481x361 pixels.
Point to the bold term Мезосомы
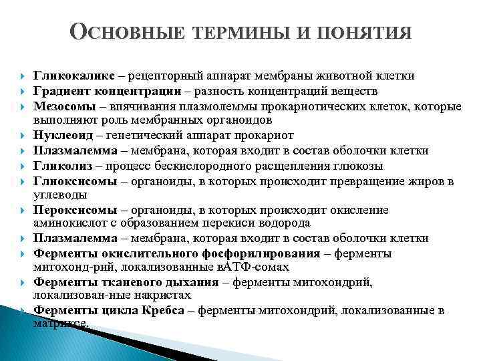pyautogui.click(x=64, y=106)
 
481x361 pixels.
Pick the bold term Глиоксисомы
pyautogui.click(x=71, y=180)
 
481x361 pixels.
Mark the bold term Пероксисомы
pyautogui.click(x=71, y=211)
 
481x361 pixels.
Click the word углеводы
pyautogui.click(x=58, y=195)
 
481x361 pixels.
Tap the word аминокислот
pyautogui.click(x=66, y=224)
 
